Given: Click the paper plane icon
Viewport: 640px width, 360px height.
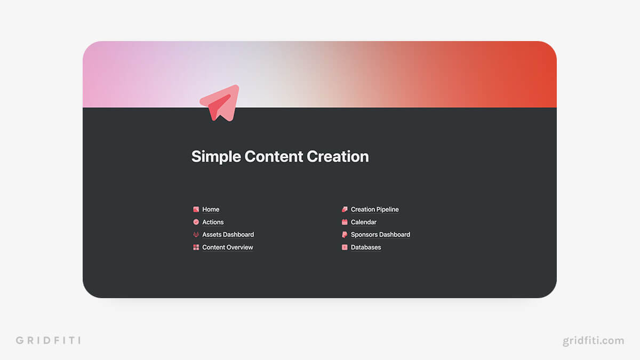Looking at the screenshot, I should click(x=220, y=103).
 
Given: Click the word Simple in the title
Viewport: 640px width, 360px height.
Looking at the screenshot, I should click(x=215, y=157).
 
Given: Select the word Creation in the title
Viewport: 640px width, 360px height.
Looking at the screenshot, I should click(x=338, y=157).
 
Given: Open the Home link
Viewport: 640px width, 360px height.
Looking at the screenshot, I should click(x=211, y=210).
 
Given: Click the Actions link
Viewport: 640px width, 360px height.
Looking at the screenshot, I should click(x=213, y=222).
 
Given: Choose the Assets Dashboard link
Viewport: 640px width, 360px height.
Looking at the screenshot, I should click(x=228, y=235).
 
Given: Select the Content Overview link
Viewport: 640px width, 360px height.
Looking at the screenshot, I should click(x=228, y=247).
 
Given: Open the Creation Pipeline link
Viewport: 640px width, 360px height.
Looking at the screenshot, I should click(x=374, y=210).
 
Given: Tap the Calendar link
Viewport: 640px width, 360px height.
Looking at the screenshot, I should click(x=363, y=222).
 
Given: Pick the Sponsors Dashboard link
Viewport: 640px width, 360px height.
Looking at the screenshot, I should click(x=380, y=235).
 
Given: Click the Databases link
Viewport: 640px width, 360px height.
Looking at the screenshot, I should click(x=366, y=247).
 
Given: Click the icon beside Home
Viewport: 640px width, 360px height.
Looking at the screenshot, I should click(x=196, y=210).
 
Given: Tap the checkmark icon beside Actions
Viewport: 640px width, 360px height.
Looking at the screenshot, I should click(x=196, y=222).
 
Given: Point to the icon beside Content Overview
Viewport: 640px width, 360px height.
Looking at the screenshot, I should click(x=196, y=247).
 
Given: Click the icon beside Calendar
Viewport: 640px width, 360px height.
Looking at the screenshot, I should click(x=345, y=222).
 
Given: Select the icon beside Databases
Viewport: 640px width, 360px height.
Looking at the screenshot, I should click(x=345, y=247).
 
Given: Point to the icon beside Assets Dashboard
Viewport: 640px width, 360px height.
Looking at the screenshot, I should click(x=196, y=235).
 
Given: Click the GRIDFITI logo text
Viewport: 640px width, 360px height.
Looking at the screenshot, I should click(x=48, y=340).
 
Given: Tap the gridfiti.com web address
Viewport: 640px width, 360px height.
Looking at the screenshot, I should click(x=593, y=340).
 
